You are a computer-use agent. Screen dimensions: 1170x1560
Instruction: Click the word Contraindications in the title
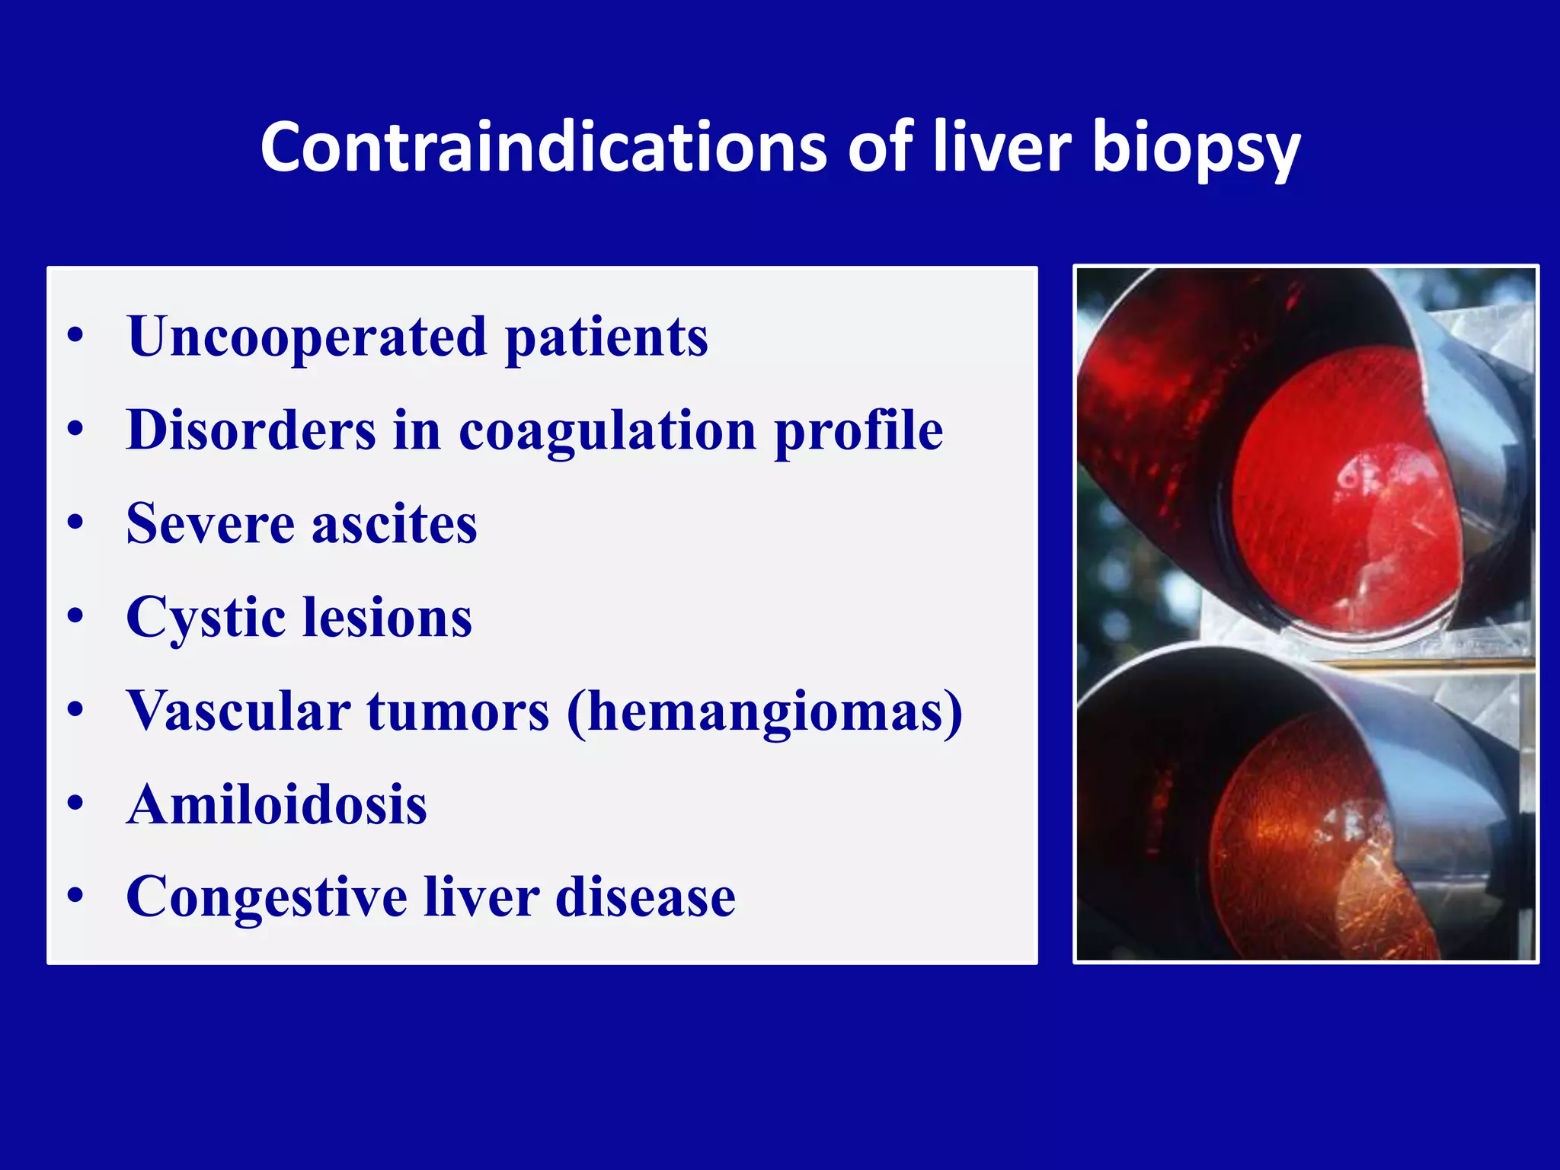[543, 147]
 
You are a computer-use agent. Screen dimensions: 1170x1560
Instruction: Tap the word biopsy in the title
[1196, 149]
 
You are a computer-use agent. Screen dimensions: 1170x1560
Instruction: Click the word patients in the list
[606, 337]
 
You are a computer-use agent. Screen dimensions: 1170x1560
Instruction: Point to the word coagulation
[607, 431]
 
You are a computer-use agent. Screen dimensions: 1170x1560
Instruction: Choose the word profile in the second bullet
[858, 431]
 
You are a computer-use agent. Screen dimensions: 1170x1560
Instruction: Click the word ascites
[394, 524]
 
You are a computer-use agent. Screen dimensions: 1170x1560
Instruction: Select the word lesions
[387, 617]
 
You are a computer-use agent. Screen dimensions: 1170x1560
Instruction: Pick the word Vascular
[238, 711]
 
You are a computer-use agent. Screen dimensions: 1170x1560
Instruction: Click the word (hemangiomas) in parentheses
[765, 711]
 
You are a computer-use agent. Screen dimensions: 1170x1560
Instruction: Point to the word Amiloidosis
[277, 804]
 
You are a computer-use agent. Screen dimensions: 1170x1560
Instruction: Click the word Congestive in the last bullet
[266, 897]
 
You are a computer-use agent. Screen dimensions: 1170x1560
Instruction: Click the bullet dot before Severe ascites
[75, 523]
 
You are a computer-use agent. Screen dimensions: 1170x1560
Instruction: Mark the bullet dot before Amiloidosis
[75, 804]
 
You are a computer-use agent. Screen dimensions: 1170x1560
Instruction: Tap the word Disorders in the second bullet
[251, 431]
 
